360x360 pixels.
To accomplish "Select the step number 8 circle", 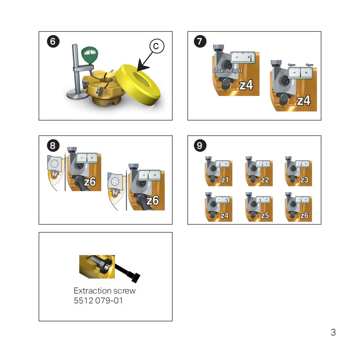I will coord(53,145).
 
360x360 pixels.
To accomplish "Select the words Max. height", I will coord(227,71).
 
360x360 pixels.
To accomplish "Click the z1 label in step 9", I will coord(225,180).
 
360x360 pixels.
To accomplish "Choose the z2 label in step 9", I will coord(265,180).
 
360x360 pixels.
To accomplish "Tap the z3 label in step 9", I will coord(304,180).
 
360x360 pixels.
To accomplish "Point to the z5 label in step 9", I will coord(265,216).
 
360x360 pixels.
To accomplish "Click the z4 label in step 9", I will coord(225,216).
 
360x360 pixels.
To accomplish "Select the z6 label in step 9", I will coord(304,216).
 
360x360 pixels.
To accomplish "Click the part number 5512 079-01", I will coord(98,301).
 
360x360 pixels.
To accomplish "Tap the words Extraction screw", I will coord(104,291).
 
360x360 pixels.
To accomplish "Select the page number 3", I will coord(333,332).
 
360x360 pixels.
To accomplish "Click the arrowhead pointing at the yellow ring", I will coord(142,67).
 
